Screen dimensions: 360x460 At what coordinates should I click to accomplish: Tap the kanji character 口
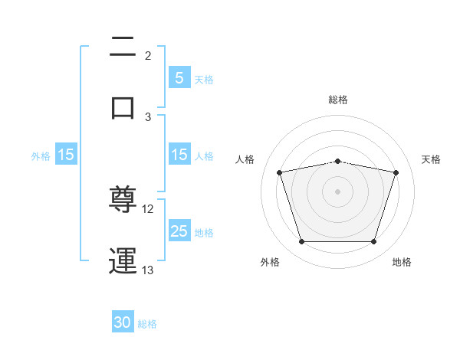tap(123, 107)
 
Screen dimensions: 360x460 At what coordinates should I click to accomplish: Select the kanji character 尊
tap(123, 201)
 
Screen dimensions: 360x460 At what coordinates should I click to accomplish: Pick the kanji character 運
tap(123, 260)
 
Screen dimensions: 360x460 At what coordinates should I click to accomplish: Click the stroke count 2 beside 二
tap(148, 55)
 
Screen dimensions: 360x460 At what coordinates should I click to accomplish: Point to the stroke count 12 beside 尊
tap(148, 209)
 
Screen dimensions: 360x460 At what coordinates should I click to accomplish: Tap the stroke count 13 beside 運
tap(148, 270)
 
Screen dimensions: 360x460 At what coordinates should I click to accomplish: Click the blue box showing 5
tap(179, 77)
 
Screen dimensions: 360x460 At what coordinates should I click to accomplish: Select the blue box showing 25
tap(179, 231)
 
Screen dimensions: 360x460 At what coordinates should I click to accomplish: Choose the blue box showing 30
tap(123, 322)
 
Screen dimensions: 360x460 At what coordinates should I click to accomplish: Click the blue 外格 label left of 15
tap(41, 155)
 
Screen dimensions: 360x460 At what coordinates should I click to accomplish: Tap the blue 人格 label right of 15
tap(204, 155)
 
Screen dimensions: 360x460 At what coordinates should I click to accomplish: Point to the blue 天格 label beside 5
tap(204, 79)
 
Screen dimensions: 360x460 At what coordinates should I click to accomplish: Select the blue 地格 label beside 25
tap(204, 232)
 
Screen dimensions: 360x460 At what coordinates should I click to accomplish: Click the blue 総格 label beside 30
tap(147, 324)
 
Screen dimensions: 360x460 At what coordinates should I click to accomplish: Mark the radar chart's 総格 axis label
tap(338, 100)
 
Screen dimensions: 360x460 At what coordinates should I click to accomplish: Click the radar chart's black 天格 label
tap(432, 159)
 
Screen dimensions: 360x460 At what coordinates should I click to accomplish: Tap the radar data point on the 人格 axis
tap(280, 172)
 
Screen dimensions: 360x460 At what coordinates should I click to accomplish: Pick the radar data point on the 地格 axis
tap(373, 242)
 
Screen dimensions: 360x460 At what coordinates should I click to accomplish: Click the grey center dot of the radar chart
tap(338, 191)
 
